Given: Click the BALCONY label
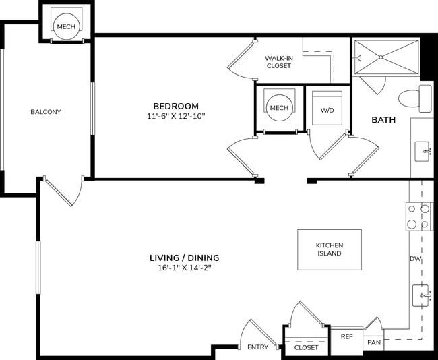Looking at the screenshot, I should pos(46,112).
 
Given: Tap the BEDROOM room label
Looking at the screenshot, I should pos(176,106).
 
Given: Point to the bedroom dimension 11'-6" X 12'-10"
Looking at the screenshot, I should pos(176,116).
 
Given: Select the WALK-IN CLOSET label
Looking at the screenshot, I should pos(278,62).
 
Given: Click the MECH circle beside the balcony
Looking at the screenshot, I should pos(66,27).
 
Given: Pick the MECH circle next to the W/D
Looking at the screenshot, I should pos(278,108).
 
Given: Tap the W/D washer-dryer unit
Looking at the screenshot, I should pos(327,109).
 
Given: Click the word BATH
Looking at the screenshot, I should pos(383,120).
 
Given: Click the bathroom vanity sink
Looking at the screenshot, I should pos(423,150).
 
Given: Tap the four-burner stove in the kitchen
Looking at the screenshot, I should pos(417,216).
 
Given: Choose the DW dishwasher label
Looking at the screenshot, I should pos(415,259).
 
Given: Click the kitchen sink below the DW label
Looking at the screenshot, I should pos(423,295).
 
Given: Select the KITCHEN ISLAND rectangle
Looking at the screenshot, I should pos(330,249).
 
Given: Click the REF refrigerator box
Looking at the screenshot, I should pos(346,336).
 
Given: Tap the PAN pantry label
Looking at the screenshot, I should pos(373,343).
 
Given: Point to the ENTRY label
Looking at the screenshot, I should pos(257,347).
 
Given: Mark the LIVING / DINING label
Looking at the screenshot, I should pos(184,258).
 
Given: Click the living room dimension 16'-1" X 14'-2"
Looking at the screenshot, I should pos(184,268).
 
